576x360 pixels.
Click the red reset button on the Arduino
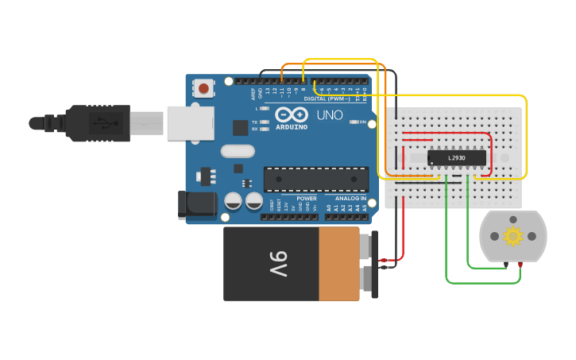click(204, 88)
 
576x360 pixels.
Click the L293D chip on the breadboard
click(457, 158)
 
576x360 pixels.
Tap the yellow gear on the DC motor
click(513, 236)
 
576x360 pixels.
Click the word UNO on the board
click(330, 115)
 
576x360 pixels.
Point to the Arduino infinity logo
click(291, 114)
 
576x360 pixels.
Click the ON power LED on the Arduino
click(353, 122)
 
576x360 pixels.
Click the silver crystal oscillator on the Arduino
click(237, 151)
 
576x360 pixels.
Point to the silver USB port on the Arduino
click(190, 122)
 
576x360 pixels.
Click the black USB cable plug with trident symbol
click(99, 123)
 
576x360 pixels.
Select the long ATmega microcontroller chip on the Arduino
click(315, 180)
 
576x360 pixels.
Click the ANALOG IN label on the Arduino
click(350, 198)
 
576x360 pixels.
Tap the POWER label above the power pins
click(307, 198)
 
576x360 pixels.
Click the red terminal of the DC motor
click(520, 264)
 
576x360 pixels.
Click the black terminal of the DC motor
click(506, 264)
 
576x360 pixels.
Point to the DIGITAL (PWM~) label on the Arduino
click(327, 99)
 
